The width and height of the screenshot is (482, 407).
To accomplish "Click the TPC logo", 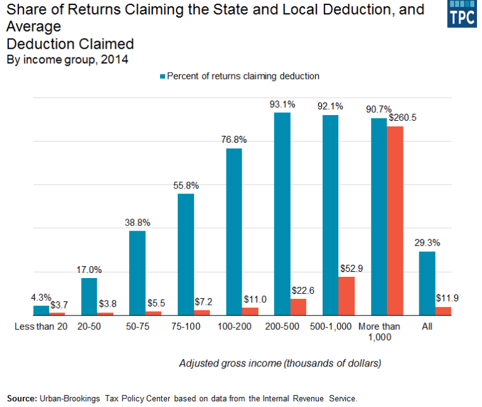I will click(461, 14).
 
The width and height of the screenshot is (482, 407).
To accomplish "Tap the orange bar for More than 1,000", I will click(395, 221).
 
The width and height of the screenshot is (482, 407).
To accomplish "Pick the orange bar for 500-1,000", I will click(346, 296).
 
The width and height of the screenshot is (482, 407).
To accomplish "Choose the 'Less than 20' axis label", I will click(40, 326).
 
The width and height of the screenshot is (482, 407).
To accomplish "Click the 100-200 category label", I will click(234, 326).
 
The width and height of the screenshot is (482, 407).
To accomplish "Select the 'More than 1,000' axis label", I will click(380, 331).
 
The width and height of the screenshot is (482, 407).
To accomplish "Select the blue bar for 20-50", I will click(89, 296).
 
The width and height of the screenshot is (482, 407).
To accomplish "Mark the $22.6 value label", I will click(300, 290).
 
